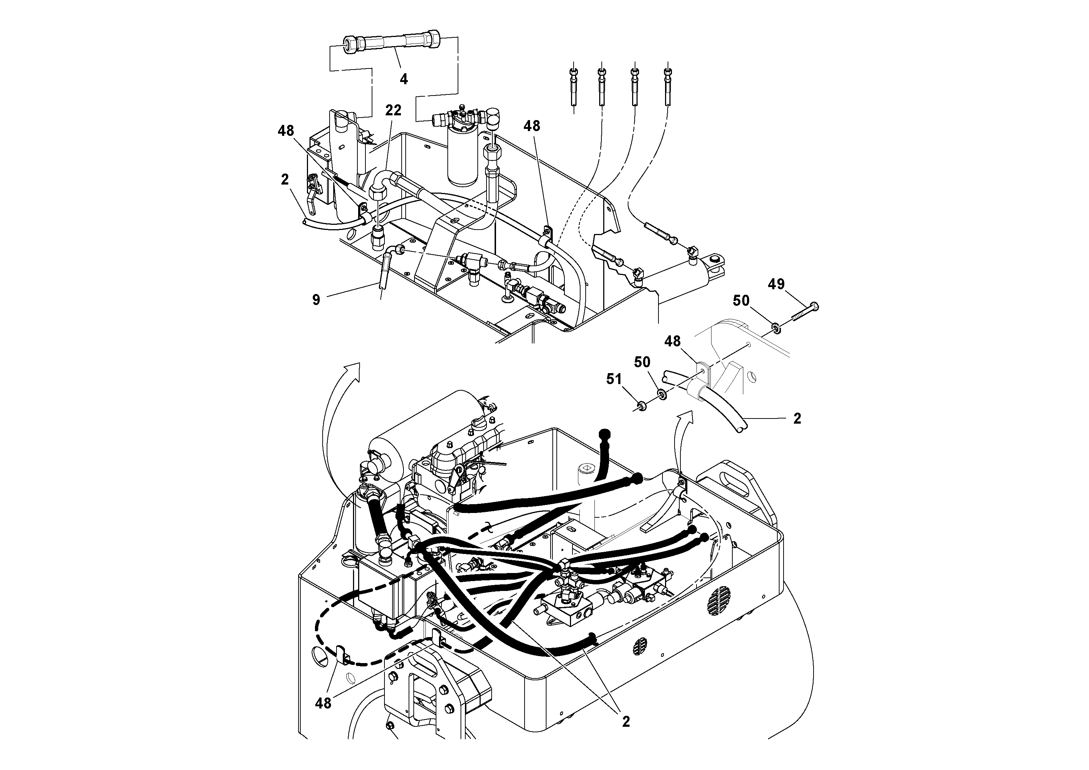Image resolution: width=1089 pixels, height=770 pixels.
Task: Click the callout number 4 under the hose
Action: tap(403, 79)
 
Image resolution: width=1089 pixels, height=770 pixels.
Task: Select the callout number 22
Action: tap(393, 110)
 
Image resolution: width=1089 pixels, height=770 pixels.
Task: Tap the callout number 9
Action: tap(316, 300)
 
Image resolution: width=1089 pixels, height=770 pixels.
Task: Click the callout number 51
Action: tap(614, 379)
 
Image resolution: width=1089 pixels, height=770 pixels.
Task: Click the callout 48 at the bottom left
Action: tap(323, 703)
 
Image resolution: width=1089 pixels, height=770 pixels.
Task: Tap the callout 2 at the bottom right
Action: tap(626, 722)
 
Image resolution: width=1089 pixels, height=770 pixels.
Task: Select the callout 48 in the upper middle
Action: tap(532, 126)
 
